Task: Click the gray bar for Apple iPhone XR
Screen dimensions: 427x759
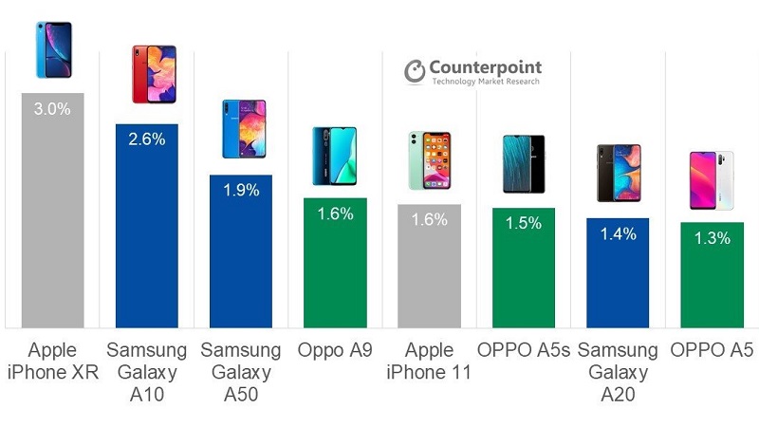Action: click(52, 218)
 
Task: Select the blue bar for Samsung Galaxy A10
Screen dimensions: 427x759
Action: click(146, 237)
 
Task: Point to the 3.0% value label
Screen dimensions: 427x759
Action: click(52, 109)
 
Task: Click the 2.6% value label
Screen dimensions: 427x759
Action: click(146, 139)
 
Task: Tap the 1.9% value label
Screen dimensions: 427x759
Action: click(240, 191)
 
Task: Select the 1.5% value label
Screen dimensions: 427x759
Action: click(523, 224)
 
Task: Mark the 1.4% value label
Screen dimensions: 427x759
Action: click(617, 233)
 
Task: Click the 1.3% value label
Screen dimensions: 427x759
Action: click(711, 238)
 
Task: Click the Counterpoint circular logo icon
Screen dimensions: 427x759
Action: click(415, 71)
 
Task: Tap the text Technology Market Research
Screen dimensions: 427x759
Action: click(486, 83)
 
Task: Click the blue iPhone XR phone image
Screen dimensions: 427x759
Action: click(53, 50)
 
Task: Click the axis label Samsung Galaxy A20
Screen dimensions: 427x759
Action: click(617, 371)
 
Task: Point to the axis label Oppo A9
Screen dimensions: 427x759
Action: click(334, 349)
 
